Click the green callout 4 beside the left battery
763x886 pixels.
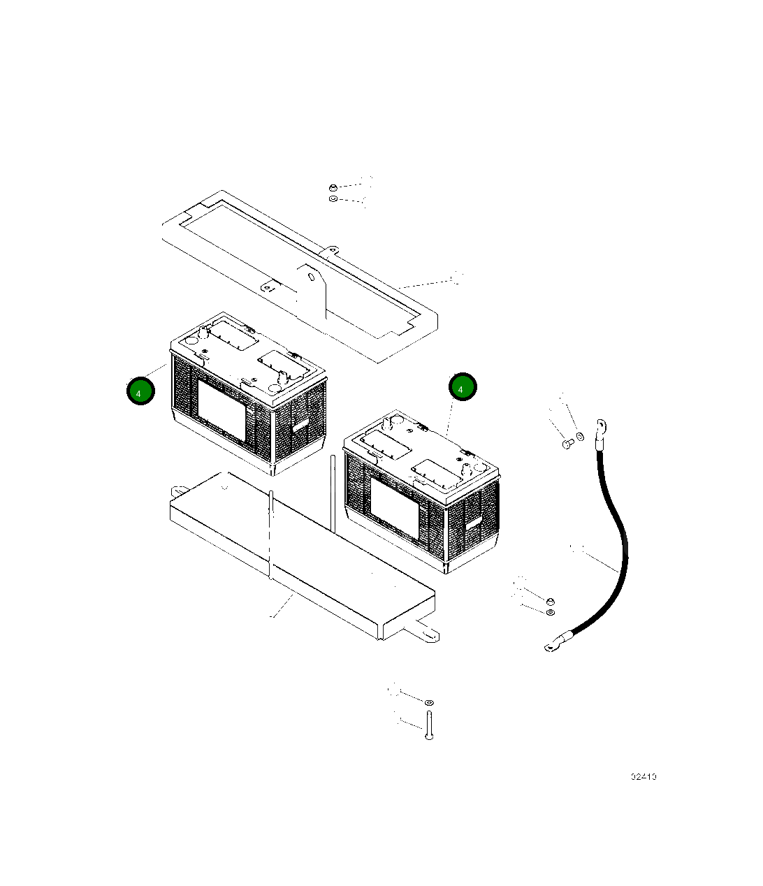(x=140, y=392)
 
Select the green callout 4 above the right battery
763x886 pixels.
(x=462, y=387)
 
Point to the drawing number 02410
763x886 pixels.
(x=643, y=776)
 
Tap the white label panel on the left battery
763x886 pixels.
(x=222, y=410)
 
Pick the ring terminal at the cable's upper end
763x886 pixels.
(x=600, y=428)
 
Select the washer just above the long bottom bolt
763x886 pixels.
(x=428, y=700)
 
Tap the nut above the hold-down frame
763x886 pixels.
(x=333, y=187)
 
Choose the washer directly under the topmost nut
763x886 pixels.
(x=333, y=200)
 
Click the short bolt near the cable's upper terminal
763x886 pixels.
(x=567, y=443)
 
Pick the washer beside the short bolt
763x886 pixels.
(x=580, y=438)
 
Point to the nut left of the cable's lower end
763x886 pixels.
(x=550, y=601)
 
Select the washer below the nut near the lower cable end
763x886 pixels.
(x=551, y=613)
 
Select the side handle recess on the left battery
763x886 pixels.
(x=300, y=422)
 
